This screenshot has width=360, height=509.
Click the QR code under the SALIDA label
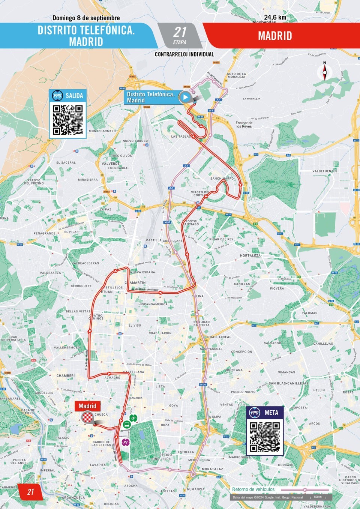pyautogui.click(x=67, y=120)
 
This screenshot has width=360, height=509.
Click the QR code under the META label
pyautogui.click(x=265, y=437)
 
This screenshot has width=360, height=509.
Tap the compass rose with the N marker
pyautogui.click(x=324, y=72)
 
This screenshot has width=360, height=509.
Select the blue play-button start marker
pyautogui.click(x=185, y=97)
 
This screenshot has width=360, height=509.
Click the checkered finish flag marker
pyautogui.click(x=88, y=417)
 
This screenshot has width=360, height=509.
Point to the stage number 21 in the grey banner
pyautogui.click(x=180, y=32)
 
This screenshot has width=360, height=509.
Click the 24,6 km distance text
pyautogui.click(x=275, y=17)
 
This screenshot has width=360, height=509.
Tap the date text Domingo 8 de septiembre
pyautogui.click(x=86, y=18)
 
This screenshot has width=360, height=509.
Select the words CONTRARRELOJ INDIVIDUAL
pyautogui.click(x=184, y=54)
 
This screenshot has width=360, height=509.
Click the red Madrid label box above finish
pyautogui.click(x=87, y=406)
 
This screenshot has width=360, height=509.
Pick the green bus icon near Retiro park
pyautogui.click(x=126, y=425)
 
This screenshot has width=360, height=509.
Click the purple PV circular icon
pyautogui.click(x=125, y=443)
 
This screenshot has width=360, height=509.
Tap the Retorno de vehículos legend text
pyautogui.click(x=253, y=489)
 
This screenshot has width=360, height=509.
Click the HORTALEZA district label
pyautogui.click(x=250, y=255)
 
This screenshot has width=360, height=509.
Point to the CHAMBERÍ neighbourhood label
pyautogui.click(x=66, y=375)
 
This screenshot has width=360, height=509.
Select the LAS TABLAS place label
pyautogui.click(x=181, y=137)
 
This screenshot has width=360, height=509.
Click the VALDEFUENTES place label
pyautogui.click(x=325, y=171)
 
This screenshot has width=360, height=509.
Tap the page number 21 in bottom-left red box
pyautogui.click(x=30, y=492)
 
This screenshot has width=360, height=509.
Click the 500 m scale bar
pyautogui.click(x=318, y=497)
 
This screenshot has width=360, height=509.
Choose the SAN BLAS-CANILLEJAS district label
pyautogui.click(x=288, y=383)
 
